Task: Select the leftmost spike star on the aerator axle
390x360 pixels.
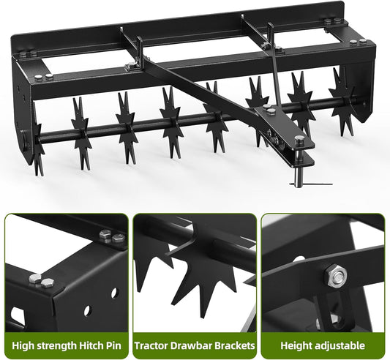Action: [38, 140]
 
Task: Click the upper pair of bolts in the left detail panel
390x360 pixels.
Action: [113, 236]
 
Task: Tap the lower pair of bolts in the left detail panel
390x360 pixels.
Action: [40, 280]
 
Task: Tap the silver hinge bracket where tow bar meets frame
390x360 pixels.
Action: [132, 65]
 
